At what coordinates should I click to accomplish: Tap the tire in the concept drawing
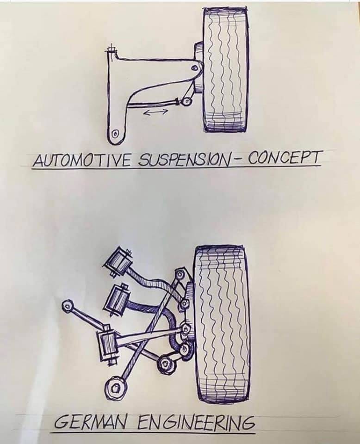[226, 69]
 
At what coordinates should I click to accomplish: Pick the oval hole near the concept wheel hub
[195, 68]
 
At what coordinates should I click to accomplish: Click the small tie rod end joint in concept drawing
[186, 102]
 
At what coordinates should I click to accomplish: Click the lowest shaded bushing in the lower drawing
[106, 343]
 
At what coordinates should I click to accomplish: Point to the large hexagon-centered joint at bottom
[116, 387]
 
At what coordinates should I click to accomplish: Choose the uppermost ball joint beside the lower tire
[180, 274]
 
